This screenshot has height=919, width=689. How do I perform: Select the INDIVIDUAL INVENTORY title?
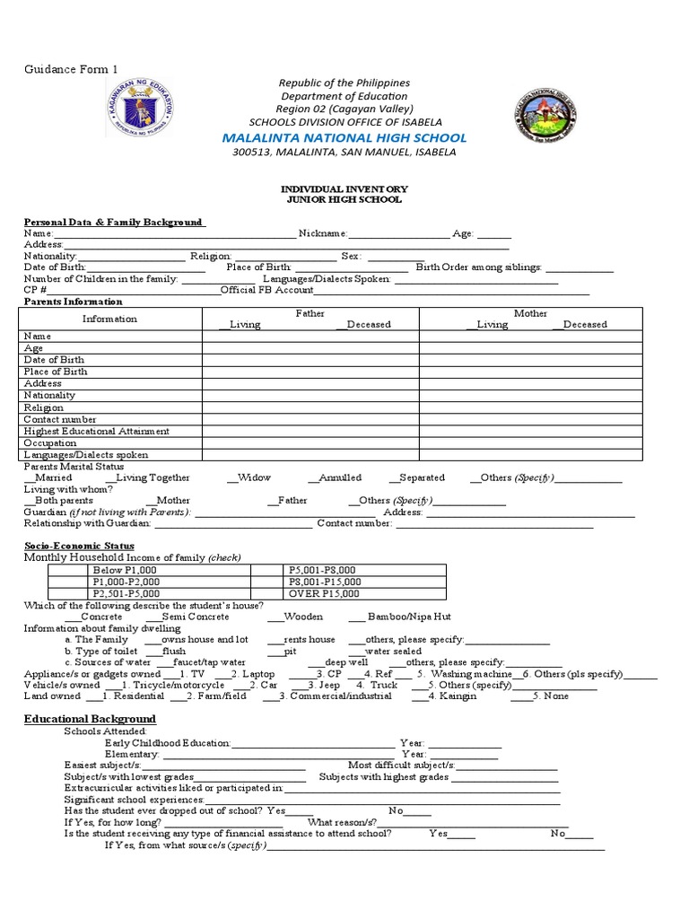345,189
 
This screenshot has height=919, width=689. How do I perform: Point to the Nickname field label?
322,233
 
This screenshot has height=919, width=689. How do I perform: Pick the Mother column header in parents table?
530,313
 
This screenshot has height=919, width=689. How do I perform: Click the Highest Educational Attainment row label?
97,431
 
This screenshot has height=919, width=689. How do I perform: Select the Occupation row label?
50,443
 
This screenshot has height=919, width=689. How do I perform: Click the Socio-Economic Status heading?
79,546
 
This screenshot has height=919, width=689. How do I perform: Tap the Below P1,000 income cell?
125,570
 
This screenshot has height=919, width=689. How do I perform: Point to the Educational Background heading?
90,719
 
